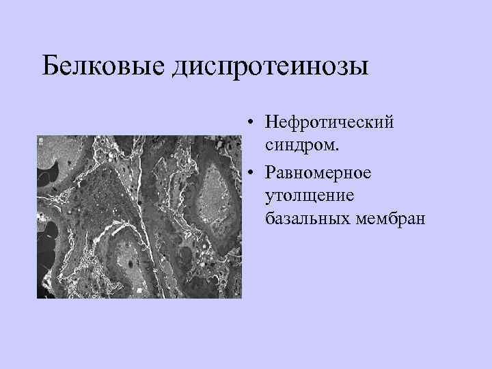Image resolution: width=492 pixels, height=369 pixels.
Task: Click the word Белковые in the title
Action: pyautogui.click(x=102, y=67)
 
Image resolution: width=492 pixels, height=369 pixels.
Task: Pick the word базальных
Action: pyautogui.click(x=307, y=219)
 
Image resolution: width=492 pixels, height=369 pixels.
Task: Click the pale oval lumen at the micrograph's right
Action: pyautogui.click(x=215, y=197)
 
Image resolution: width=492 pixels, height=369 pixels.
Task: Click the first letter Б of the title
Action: pyautogui.click(x=51, y=67)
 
